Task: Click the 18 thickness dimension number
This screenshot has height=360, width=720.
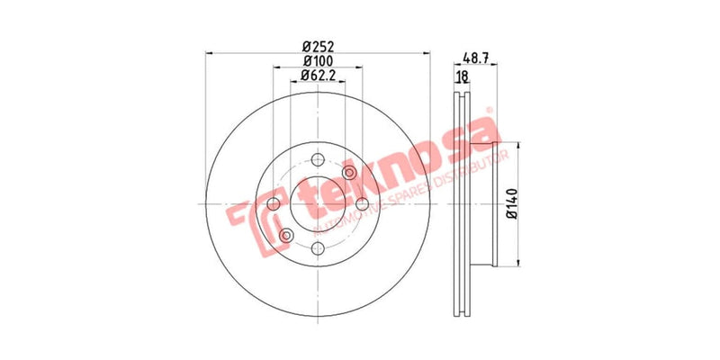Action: [x=463, y=77]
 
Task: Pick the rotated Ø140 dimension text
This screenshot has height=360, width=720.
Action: [x=510, y=204]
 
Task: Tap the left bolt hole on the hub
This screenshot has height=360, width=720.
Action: [x=274, y=205]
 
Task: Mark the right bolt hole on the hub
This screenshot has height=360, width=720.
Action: [x=362, y=205]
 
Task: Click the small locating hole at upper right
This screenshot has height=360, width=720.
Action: [x=349, y=174]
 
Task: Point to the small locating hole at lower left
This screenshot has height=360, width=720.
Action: [x=287, y=236]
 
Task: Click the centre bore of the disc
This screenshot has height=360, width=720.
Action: [x=318, y=205]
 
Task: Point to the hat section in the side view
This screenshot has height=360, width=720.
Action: [x=486, y=204]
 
